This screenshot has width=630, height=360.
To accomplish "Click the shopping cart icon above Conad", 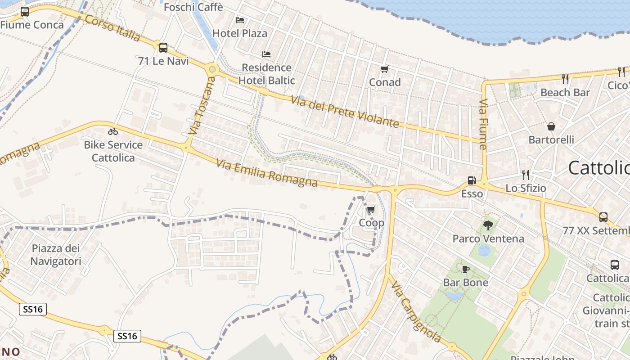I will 384,69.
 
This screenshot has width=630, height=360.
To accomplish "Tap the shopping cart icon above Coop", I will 371,210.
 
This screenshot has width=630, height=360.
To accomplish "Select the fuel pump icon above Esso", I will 472,180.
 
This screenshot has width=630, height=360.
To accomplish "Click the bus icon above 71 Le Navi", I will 163,47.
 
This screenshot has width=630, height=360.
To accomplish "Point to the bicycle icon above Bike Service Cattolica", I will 113,131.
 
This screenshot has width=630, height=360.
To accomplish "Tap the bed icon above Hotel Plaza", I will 240,20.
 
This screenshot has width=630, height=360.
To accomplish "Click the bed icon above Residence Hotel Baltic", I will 266,54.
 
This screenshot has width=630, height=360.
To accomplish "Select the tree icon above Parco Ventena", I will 488,225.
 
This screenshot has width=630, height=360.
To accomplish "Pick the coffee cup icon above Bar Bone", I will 465,269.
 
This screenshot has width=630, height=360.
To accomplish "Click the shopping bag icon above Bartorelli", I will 551,127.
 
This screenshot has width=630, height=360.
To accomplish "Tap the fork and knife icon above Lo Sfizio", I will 525,175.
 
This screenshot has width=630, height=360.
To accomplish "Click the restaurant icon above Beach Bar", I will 565,79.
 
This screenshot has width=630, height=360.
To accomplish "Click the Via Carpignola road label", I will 416,311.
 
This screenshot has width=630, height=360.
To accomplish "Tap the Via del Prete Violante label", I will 345,112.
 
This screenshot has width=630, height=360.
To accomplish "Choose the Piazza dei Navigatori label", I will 56,255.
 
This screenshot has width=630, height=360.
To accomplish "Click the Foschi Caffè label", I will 193,7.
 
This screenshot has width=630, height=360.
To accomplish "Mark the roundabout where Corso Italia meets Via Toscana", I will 212,69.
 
